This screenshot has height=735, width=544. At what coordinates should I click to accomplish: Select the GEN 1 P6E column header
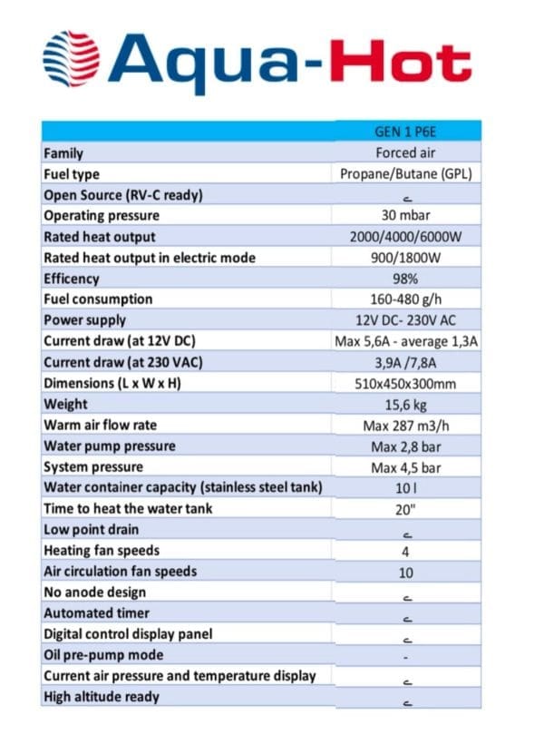pyautogui.click(x=405, y=132)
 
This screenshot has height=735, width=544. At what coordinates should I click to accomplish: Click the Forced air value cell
pyautogui.click(x=405, y=153)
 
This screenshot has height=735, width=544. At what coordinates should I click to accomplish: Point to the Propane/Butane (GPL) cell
pyautogui.click(x=405, y=174)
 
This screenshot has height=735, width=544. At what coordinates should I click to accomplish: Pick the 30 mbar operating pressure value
pyautogui.click(x=405, y=216)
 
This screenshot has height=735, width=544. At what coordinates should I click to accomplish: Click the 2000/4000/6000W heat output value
pyautogui.click(x=405, y=237)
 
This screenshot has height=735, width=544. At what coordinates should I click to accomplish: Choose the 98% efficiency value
pyautogui.click(x=405, y=279)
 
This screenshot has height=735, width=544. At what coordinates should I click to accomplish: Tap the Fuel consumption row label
pyautogui.click(x=98, y=299)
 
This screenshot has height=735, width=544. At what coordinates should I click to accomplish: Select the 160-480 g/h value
pyautogui.click(x=405, y=299)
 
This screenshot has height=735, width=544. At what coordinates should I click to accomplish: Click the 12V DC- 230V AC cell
pyautogui.click(x=405, y=320)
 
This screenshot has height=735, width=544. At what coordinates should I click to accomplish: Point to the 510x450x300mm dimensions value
pyautogui.click(x=405, y=383)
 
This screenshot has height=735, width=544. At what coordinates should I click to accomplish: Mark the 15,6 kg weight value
pyautogui.click(x=405, y=404)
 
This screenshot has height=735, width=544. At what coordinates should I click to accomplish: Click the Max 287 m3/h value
pyautogui.click(x=405, y=425)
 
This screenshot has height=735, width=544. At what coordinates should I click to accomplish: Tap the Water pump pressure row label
pyautogui.click(x=110, y=446)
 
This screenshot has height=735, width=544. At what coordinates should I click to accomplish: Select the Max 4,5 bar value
pyautogui.click(x=405, y=467)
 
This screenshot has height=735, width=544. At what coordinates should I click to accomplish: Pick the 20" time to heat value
pyautogui.click(x=405, y=509)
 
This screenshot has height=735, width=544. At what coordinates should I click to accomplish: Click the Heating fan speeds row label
pyautogui.click(x=102, y=551)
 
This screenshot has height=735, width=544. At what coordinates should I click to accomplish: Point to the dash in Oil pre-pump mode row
pyautogui.click(x=405, y=656)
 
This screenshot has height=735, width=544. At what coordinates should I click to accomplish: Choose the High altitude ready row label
pyautogui.click(x=102, y=697)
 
